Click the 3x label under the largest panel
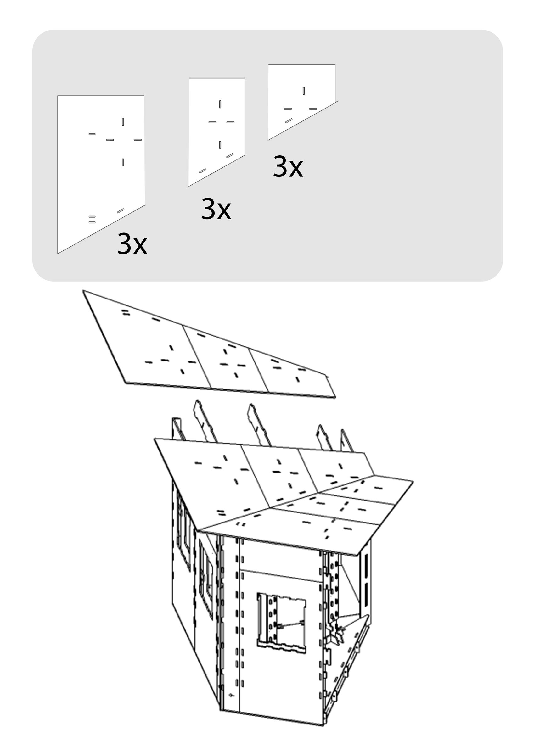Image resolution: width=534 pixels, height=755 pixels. [132, 244]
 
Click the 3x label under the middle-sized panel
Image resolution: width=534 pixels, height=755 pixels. [216, 209]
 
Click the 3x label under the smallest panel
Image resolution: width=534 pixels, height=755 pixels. [288, 167]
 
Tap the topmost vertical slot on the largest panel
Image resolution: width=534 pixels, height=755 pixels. [123, 122]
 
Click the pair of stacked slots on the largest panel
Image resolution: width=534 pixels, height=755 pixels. [92, 220]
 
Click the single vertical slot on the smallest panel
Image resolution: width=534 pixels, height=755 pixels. [304, 91]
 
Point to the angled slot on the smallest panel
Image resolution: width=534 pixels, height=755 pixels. [289, 121]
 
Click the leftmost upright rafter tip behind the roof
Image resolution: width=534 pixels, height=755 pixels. [176, 428]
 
